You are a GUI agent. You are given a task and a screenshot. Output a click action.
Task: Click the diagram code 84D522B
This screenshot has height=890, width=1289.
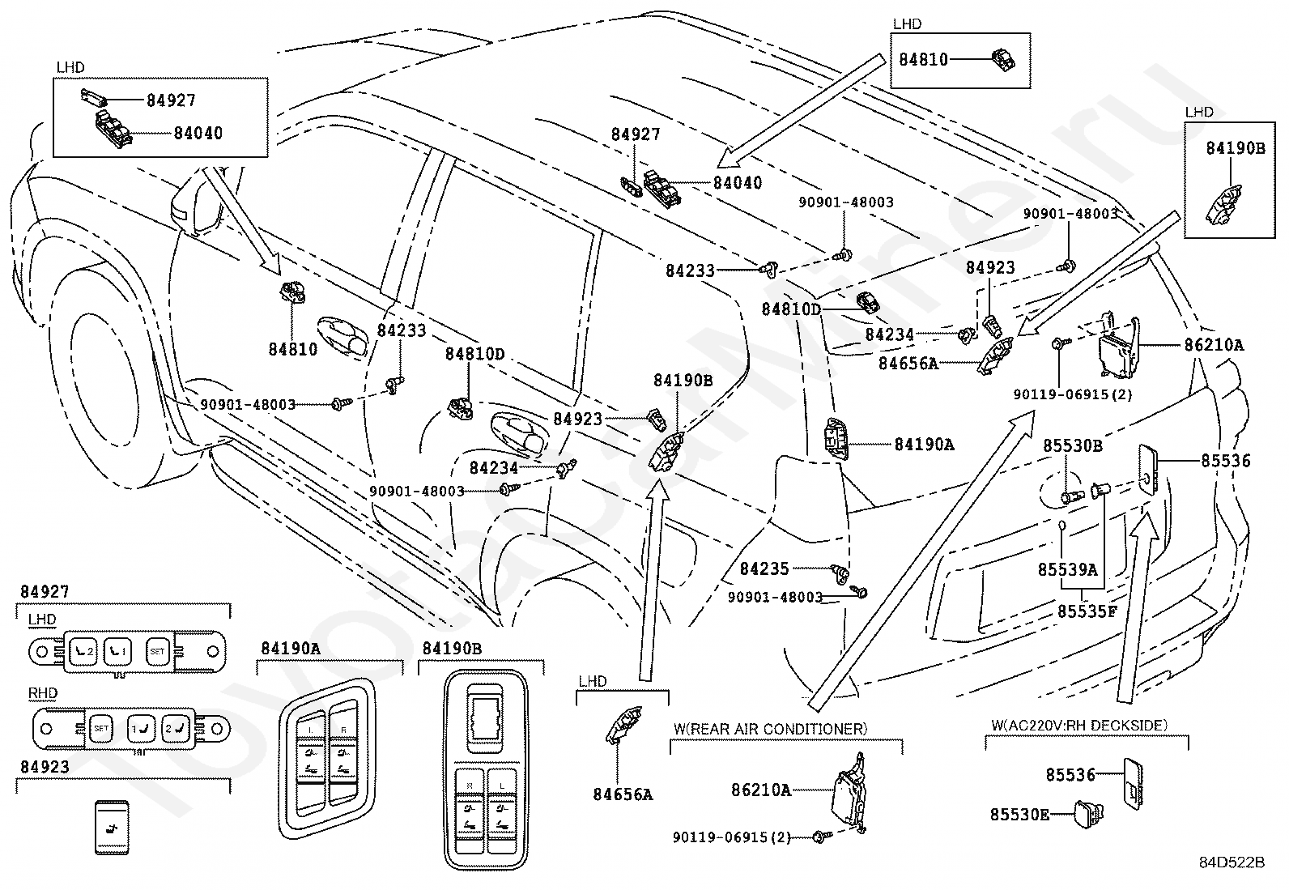[1232, 862]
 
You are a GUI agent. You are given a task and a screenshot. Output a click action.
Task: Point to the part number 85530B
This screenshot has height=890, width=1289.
[1072, 445]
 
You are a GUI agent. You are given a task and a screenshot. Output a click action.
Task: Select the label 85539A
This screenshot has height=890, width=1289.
[1067, 569]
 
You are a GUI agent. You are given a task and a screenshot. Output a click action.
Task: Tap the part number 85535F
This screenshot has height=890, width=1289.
[1087, 611]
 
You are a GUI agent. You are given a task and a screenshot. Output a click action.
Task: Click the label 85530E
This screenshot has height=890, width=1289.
[1019, 814]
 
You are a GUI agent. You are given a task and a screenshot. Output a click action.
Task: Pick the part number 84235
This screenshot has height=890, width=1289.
[764, 569]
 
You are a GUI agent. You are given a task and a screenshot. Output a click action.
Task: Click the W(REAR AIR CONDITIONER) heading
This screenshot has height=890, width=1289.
[770, 729]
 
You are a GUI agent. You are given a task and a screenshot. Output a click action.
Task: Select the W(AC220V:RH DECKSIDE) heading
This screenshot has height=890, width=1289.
[1089, 726]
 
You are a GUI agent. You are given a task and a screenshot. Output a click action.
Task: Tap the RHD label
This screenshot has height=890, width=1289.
[42, 693]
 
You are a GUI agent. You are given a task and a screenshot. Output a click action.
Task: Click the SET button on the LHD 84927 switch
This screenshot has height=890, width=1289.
[157, 650]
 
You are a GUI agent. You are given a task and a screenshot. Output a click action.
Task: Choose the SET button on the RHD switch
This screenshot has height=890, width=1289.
[100, 727]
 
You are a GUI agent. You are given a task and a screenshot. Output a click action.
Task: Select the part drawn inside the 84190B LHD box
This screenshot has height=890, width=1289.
[1225, 205]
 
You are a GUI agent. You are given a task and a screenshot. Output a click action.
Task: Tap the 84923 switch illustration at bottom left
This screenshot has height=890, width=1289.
[111, 826]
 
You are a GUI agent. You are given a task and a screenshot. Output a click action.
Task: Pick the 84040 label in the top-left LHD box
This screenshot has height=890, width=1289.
[198, 133]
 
